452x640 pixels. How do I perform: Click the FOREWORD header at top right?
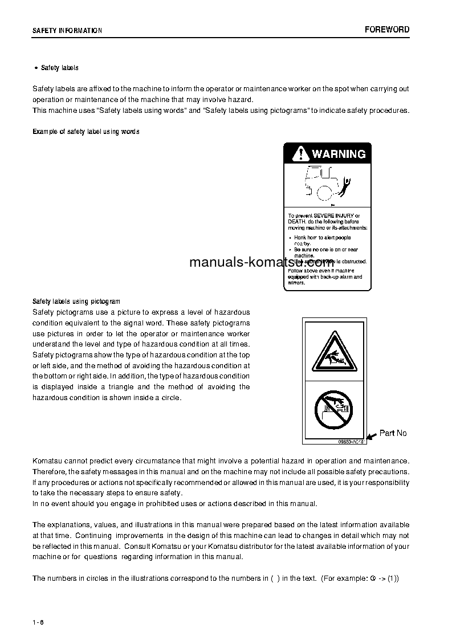(x=387, y=30)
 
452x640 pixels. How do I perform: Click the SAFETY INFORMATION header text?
(x=67, y=31)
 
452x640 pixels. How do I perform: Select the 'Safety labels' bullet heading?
(x=60, y=68)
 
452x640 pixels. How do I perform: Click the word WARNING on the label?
(x=339, y=154)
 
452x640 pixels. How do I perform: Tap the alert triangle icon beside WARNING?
(x=299, y=153)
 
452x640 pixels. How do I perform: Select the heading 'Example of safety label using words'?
(x=85, y=132)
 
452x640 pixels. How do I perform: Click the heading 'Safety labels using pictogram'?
(x=76, y=301)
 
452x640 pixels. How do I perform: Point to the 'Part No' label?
(x=393, y=433)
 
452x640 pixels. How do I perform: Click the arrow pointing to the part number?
(x=371, y=436)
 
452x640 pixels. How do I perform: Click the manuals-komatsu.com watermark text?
(x=261, y=263)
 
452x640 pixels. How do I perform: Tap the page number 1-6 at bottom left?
(x=38, y=622)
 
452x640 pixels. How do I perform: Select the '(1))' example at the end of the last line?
(x=393, y=578)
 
